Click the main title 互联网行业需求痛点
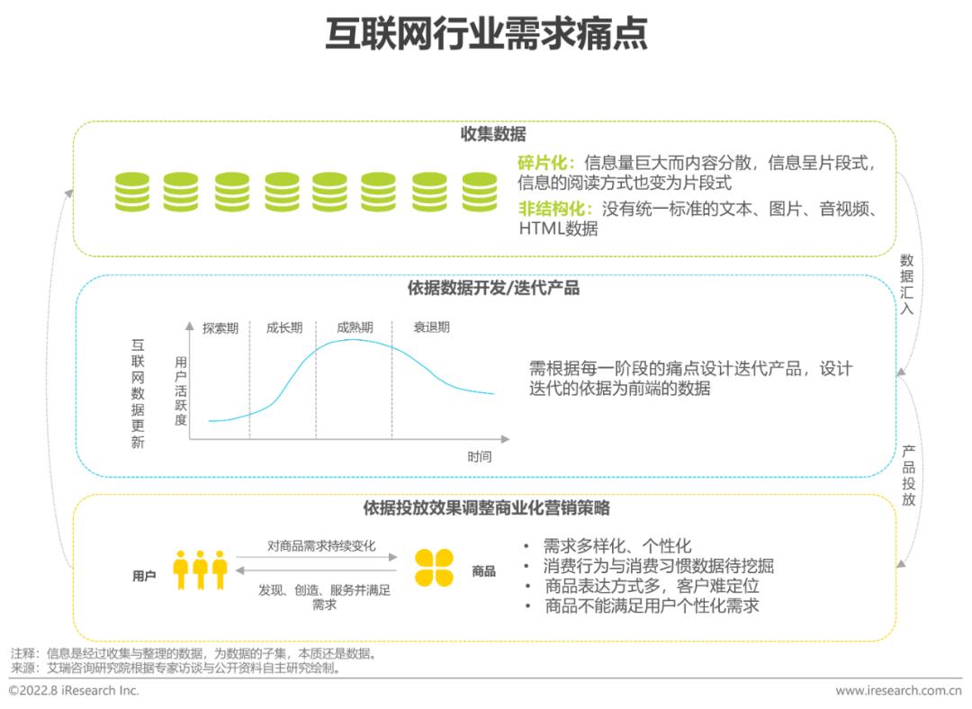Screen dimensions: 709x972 click(485, 35)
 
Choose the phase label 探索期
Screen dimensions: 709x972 click(220, 328)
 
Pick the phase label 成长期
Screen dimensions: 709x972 click(283, 328)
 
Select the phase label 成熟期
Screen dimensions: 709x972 click(355, 328)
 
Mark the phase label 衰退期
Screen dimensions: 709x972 click(431, 328)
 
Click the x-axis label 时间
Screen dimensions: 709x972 click(480, 457)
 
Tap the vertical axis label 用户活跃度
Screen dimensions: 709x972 click(181, 390)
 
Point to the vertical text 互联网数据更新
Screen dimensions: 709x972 click(138, 393)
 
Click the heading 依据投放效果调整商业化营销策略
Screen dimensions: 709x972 click(487, 508)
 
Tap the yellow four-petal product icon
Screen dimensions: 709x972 click(435, 569)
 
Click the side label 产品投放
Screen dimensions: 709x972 click(908, 474)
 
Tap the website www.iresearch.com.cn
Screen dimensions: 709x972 click(898, 691)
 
